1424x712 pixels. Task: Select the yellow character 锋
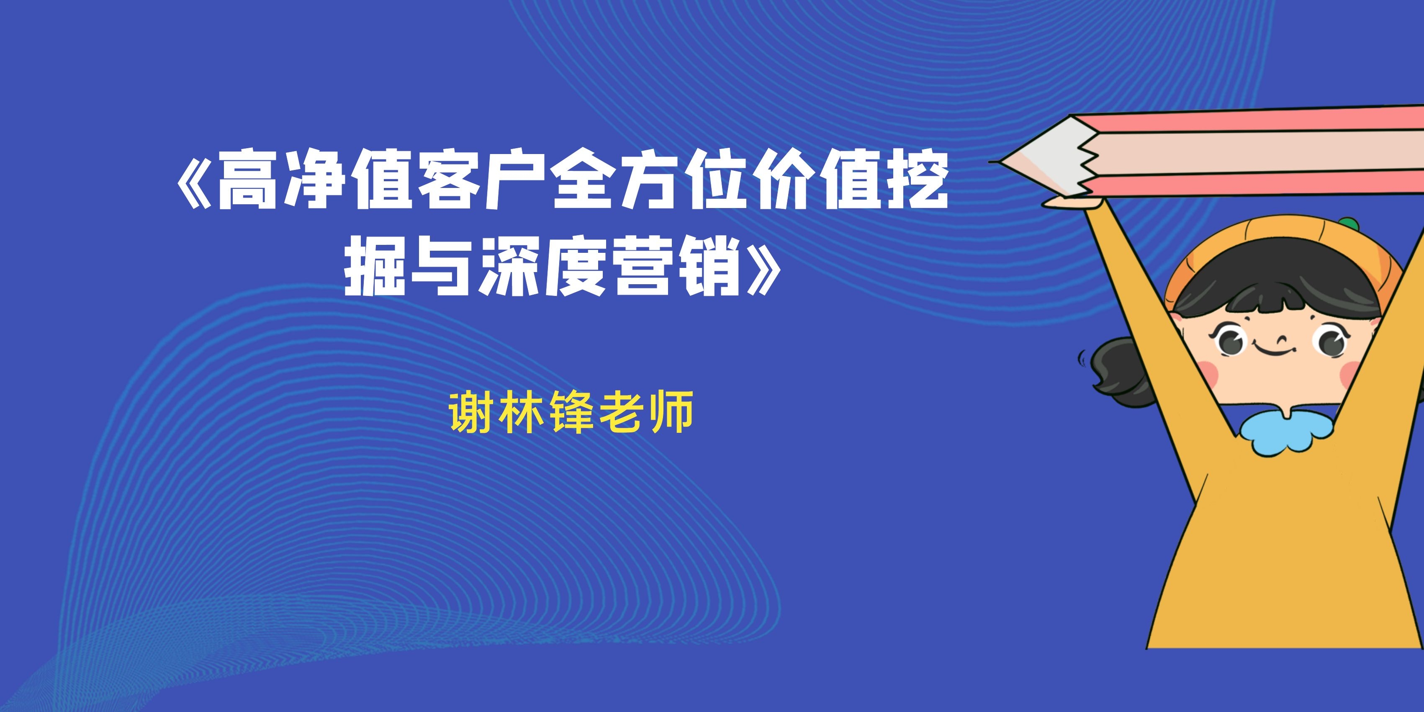click(x=569, y=412)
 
